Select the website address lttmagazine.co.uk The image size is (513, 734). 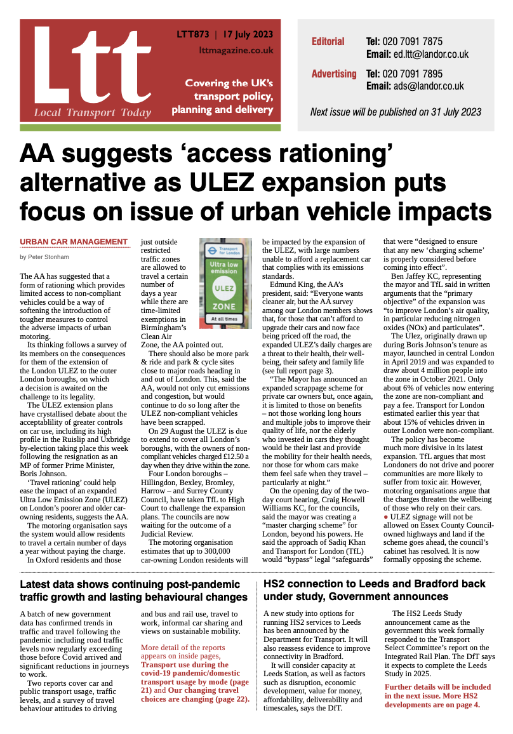[236, 50]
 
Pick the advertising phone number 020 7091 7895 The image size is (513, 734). [413, 74]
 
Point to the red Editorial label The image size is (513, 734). [328, 42]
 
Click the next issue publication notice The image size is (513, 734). [395, 112]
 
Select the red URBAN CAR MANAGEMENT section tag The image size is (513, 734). [74, 242]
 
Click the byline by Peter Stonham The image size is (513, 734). [45, 257]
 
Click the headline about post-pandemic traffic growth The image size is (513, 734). [133, 591]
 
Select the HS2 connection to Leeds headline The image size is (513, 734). [375, 590]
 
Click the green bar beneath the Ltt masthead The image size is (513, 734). [150, 127]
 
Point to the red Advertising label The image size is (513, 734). [333, 74]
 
